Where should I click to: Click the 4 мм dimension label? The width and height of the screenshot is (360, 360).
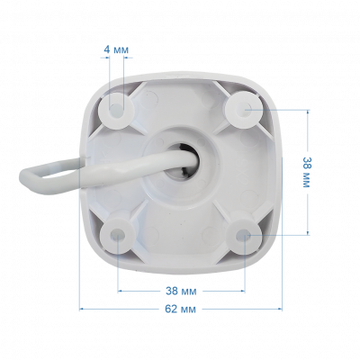pyautogui.click(x=116, y=49)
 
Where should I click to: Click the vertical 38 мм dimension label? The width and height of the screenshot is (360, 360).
pyautogui.click(x=305, y=172)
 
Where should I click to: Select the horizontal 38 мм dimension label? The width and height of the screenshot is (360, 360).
pyautogui.click(x=181, y=291)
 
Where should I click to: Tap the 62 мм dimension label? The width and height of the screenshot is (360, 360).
pyautogui.click(x=181, y=309)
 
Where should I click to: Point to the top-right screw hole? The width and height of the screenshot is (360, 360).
pyautogui.click(x=244, y=109)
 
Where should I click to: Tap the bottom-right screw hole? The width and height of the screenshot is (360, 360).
pyautogui.click(x=242, y=235)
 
